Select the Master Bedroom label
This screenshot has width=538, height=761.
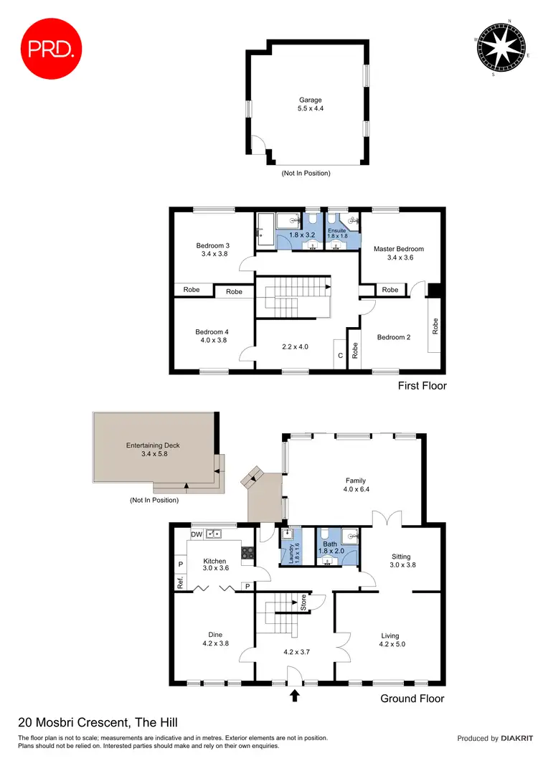398,249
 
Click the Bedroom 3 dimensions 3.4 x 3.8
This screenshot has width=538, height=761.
212,255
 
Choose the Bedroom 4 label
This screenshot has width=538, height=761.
212,332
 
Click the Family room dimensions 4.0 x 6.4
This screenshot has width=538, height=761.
356,490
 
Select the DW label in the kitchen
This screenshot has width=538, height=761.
196,534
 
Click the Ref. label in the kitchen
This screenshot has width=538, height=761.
180,584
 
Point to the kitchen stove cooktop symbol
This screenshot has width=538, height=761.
249,552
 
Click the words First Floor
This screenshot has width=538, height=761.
422,386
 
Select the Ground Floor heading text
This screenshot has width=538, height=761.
412,698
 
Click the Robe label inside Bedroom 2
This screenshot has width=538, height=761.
435,326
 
